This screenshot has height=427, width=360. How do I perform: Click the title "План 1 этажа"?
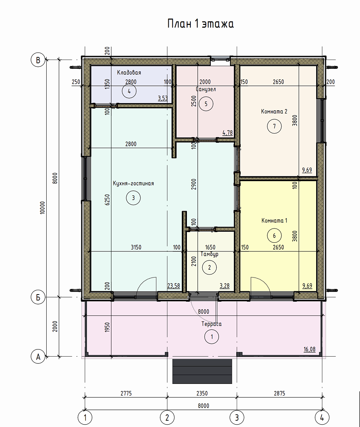200,24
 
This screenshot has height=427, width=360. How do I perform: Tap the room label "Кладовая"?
129,72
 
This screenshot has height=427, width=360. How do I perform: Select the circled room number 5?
206,104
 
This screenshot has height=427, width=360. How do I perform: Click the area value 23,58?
173,286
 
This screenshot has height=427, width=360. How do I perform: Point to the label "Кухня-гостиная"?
133,183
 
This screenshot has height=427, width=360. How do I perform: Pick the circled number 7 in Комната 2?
274,127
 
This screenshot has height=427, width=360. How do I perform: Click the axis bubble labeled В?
38,60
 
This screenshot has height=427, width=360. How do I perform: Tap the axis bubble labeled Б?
38,297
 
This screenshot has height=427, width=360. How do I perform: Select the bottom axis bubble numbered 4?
322,418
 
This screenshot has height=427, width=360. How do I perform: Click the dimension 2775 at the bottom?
126,393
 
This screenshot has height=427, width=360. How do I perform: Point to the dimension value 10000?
42,208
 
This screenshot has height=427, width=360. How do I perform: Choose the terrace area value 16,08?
310,349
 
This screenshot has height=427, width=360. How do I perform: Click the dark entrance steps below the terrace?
202,371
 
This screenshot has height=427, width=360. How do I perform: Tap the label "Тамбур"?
209,254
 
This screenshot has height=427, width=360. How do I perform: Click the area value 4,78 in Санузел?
228,132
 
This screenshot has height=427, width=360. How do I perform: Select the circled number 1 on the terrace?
211,337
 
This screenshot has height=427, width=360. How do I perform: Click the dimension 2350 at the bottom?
202,393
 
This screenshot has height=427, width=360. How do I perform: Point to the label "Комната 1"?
274,221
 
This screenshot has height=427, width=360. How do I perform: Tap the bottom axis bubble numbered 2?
167,418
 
